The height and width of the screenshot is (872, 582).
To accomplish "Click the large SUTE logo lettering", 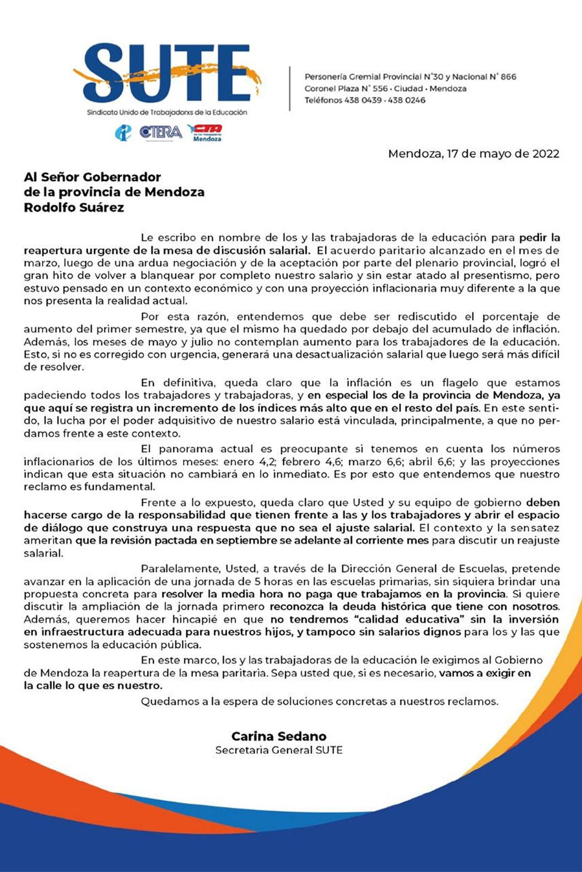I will pos(167,73).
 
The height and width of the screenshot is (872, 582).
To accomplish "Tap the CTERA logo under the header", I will pos(161,132).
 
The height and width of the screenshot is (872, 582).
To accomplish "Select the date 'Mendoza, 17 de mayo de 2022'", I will pos(473,154).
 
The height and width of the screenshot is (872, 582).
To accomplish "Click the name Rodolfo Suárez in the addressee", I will pos(74,208).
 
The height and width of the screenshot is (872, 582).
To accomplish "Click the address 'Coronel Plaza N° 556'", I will pos(346,89).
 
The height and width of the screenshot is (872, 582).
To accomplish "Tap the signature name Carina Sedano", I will pos(279,736).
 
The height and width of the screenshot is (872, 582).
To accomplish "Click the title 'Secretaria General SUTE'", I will pos(279,750).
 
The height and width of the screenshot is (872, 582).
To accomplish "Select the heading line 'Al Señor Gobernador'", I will pos(92,177).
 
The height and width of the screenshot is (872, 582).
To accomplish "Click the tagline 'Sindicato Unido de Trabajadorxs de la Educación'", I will pos(167,112).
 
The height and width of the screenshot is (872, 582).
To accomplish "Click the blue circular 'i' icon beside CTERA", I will pos(124,132).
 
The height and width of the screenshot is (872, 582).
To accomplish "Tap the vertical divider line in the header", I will pos(290,89).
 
